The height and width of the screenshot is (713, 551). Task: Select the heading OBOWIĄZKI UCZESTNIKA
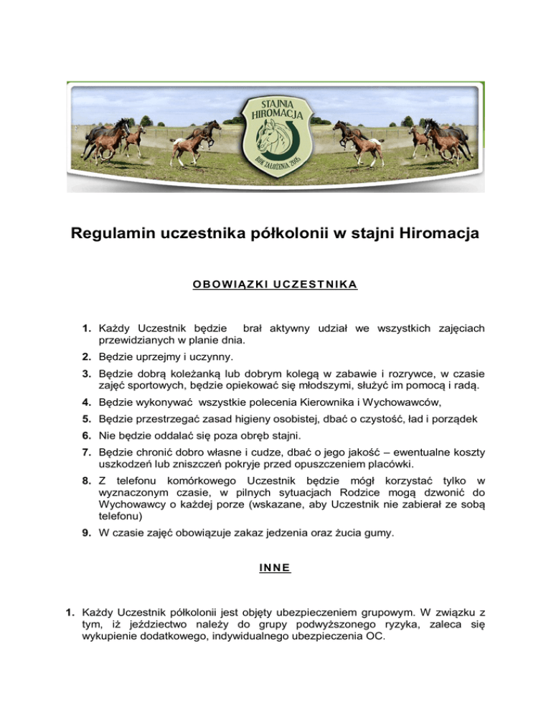pyautogui.click(x=275, y=285)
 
